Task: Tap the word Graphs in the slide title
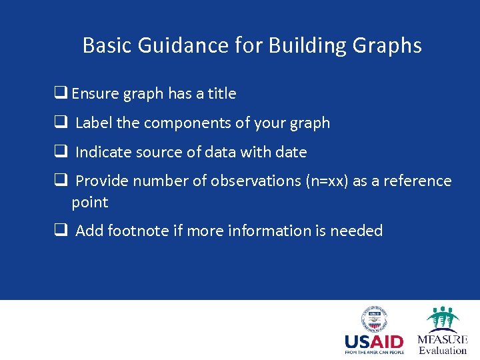(389, 45)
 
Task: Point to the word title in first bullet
(221, 93)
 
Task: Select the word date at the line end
(291, 152)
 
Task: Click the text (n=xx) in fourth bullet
(326, 181)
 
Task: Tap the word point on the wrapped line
(89, 202)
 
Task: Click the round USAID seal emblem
(374, 319)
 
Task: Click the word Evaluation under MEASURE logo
(443, 351)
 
